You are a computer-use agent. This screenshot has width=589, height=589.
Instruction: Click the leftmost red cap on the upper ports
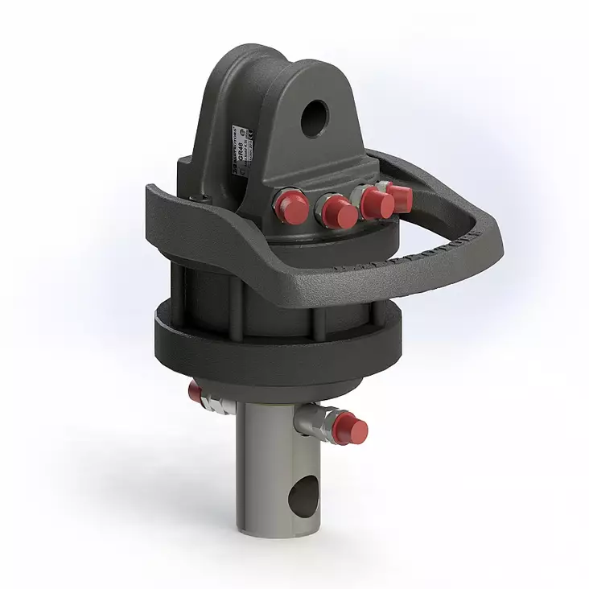[289, 205]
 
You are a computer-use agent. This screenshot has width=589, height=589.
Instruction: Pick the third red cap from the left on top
[376, 202]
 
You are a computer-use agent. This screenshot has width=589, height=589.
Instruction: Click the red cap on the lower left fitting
[195, 392]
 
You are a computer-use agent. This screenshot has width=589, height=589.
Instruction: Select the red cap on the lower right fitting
[352, 427]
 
